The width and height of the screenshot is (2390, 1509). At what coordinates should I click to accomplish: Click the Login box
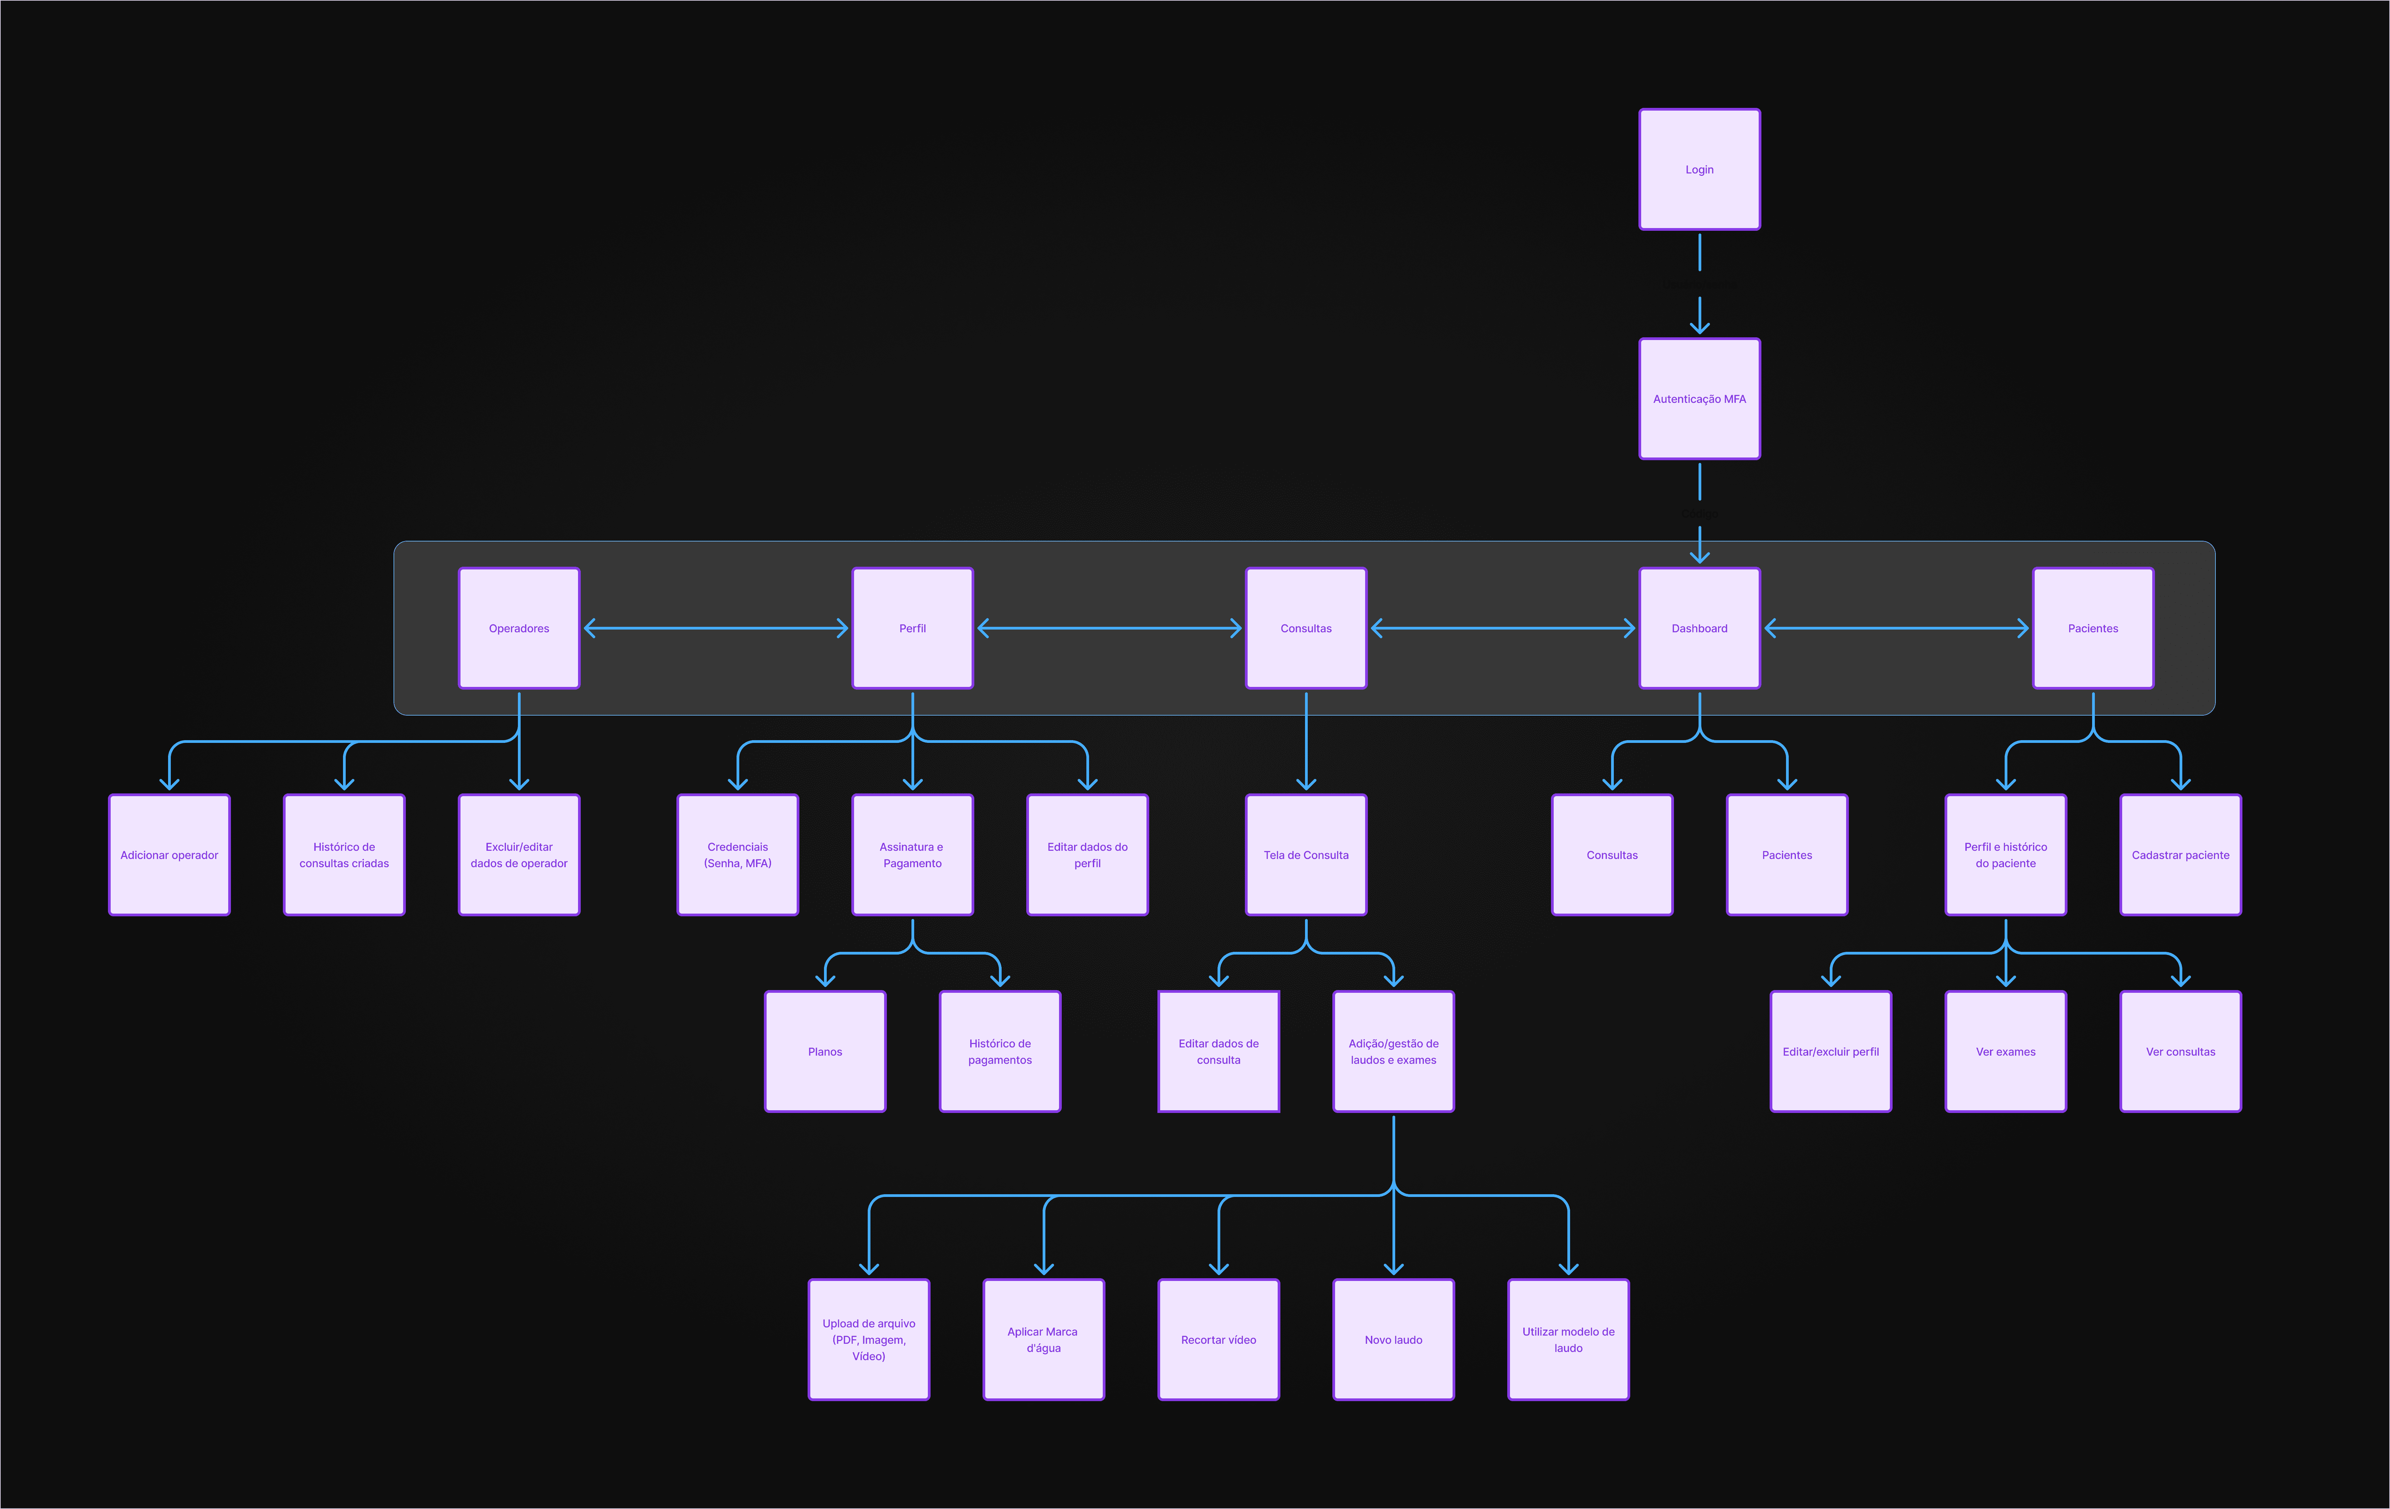click(x=1699, y=170)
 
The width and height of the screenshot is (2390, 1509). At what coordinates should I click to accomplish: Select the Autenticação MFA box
click(x=1699, y=399)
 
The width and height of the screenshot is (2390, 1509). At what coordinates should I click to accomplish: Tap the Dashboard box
click(x=1699, y=628)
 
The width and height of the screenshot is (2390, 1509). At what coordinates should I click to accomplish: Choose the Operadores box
click(x=519, y=628)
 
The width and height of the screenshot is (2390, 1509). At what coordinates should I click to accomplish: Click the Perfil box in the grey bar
click(x=912, y=628)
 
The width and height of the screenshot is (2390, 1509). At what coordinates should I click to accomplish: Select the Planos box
click(x=825, y=1052)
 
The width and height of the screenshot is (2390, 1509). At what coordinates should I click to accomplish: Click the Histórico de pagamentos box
click(x=1000, y=1052)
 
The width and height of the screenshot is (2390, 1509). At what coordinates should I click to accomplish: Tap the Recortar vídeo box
click(x=1219, y=1339)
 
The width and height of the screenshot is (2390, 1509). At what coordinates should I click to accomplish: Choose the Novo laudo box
click(x=1393, y=1339)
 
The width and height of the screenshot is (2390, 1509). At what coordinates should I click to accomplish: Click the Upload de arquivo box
click(x=868, y=1339)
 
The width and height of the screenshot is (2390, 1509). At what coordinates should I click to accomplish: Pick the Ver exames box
click(x=2006, y=1052)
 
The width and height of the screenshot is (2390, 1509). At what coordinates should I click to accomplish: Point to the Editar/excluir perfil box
click(x=1831, y=1052)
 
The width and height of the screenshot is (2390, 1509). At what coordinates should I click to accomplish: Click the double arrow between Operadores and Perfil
click(x=716, y=628)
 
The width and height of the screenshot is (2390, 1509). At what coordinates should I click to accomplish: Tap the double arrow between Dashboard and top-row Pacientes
click(x=1896, y=628)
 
